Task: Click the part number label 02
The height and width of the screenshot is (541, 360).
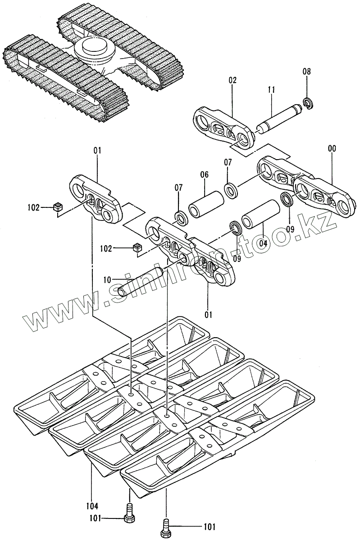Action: (x=232, y=81)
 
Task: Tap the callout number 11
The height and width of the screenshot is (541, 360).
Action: (x=271, y=90)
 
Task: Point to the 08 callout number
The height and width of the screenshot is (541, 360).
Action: (x=306, y=71)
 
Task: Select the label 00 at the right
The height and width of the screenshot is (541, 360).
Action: (x=332, y=148)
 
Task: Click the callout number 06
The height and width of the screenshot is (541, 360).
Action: (x=205, y=175)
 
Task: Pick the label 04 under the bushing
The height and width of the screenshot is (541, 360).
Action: (x=263, y=243)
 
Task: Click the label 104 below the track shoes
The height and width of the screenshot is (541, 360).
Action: (x=91, y=506)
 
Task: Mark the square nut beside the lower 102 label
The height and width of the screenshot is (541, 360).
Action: (x=137, y=247)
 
